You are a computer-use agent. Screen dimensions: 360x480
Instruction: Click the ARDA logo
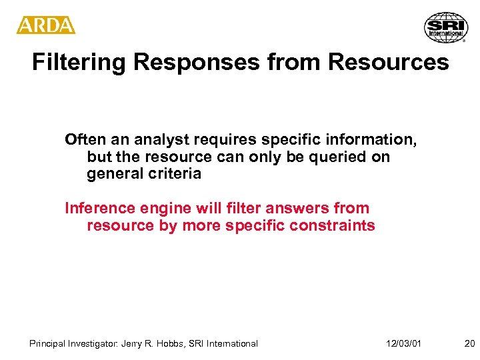pyautogui.click(x=46, y=25)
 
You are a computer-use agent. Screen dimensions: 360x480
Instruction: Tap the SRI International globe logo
pyautogui.click(x=446, y=27)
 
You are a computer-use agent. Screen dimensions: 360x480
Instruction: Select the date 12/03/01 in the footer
pyautogui.click(x=403, y=343)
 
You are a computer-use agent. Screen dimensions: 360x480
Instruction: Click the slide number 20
pyautogui.click(x=469, y=343)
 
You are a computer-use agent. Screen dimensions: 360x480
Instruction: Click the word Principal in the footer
pyautogui.click(x=48, y=343)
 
